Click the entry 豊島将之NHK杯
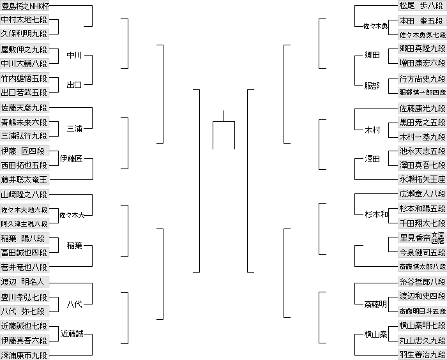[x=24, y=6]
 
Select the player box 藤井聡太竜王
[x=24, y=179]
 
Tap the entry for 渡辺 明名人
[x=24, y=281]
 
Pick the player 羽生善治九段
[x=421, y=354]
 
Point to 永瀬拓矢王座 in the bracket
[x=421, y=179]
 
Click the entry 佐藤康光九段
[x=421, y=109]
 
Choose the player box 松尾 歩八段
[x=421, y=6]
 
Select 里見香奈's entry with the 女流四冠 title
[x=421, y=238]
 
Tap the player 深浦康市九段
[x=24, y=354]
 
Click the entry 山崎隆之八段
[x=24, y=194]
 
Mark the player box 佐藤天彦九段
[x=24, y=108]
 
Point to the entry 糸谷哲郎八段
[x=421, y=281]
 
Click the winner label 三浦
[x=75, y=129]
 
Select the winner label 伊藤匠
[x=71, y=158]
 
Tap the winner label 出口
[x=75, y=85]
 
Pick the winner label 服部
[x=372, y=85]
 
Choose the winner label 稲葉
[x=75, y=245]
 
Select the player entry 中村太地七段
[x=24, y=20]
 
